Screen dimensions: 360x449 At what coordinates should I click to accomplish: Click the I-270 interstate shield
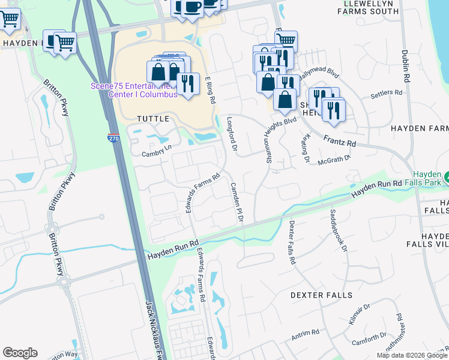point(113,137)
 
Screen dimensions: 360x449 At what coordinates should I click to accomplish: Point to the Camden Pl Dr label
point(236,203)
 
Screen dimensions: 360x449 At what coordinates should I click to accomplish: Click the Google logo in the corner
point(20,353)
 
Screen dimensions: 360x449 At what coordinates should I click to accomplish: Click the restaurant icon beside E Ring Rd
point(188,84)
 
